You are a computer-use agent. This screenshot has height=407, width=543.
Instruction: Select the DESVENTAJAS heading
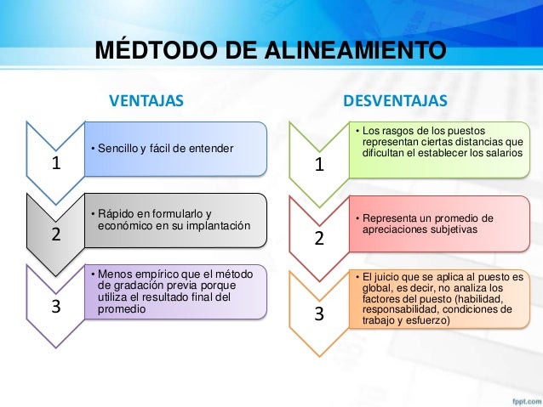[x=395, y=102]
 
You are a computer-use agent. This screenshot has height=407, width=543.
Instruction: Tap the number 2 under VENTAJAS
[x=56, y=236]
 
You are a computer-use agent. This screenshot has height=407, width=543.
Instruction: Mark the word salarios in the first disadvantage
[x=503, y=152]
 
